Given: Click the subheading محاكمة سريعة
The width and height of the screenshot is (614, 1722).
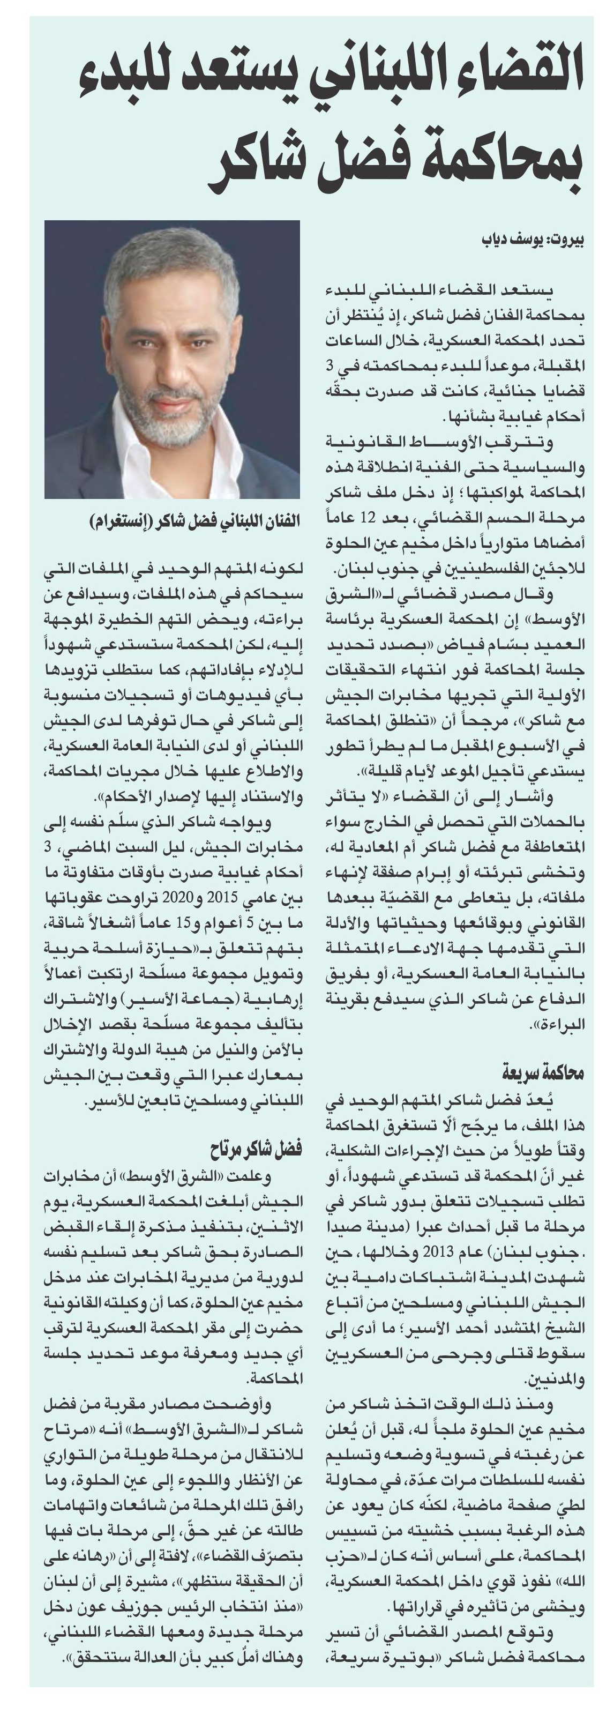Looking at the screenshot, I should [543, 1073].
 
